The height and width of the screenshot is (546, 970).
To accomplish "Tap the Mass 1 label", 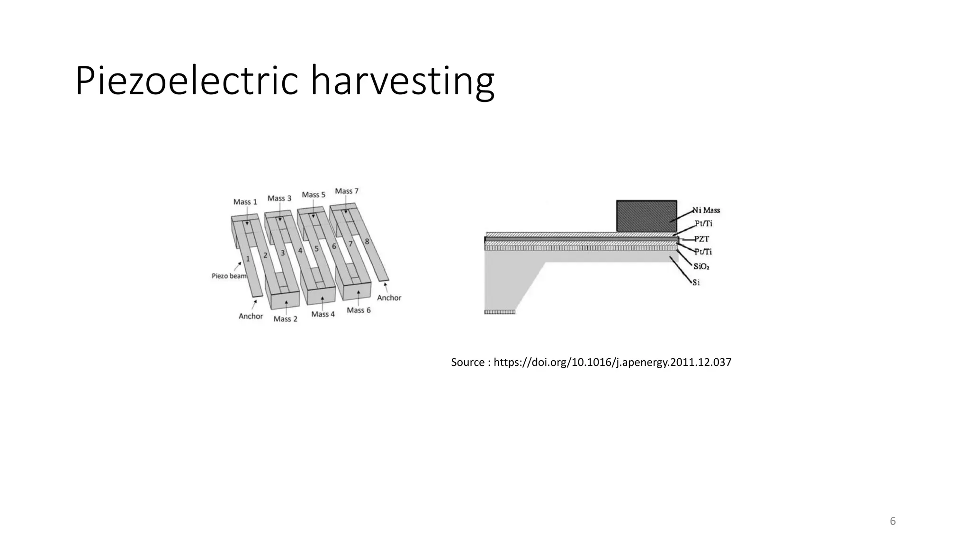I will pos(245,202).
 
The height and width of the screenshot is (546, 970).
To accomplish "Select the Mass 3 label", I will pos(279,198).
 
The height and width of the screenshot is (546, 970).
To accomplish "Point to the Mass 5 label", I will pos(314,195).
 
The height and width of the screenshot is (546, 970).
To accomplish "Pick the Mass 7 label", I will pos(347,191).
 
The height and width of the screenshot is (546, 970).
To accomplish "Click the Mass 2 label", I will pos(285,319).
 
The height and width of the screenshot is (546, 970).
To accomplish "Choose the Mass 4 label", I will pos(323,314).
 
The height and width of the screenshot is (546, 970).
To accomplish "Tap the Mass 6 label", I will pos(359,310).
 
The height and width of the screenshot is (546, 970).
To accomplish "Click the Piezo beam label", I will pos(229,276).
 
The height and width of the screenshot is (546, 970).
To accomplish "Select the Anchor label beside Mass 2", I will pos(251,316).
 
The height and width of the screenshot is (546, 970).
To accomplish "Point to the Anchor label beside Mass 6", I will pos(389,298).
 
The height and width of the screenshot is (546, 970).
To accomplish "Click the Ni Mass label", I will pos(706,210).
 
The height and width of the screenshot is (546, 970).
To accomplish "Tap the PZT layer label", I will pos(701,239).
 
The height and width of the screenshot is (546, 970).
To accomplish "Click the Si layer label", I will pos(696,282).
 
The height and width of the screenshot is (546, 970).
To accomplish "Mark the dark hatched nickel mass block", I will pos(646,216).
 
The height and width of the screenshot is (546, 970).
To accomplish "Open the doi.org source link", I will pos(612,363).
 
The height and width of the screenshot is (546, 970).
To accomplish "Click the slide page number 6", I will pos(893,521).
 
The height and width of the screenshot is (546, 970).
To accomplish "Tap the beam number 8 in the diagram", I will pos(367,242).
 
